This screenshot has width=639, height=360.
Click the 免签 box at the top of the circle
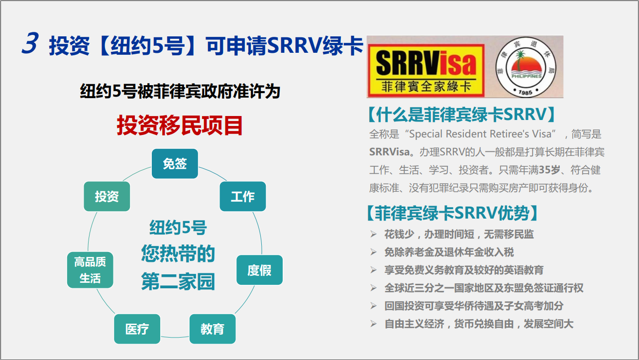click(175, 164)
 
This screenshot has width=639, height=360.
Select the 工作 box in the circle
click(243, 196)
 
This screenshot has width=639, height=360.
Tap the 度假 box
click(260, 270)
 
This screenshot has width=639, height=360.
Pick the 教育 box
click(213, 329)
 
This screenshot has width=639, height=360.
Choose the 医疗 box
click(137, 329)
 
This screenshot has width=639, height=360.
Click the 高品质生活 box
click(90, 270)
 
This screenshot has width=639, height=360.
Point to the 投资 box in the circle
click(107, 196)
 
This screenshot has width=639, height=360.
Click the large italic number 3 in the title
click(30, 43)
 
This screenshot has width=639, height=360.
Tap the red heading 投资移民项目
click(180, 125)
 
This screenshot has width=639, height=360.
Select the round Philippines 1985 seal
click(526, 67)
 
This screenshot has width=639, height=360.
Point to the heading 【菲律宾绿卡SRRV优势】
click(452, 213)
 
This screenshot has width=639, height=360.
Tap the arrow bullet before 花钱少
click(373, 235)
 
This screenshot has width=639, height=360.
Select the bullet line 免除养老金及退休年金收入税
click(449, 252)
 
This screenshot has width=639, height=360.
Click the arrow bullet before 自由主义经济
click(373, 324)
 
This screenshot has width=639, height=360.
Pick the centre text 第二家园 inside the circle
click(178, 281)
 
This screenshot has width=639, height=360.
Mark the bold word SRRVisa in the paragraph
click(389, 151)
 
